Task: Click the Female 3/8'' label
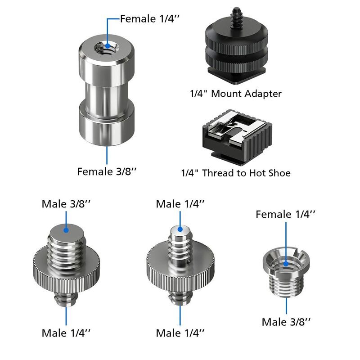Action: pyautogui.click(x=107, y=172)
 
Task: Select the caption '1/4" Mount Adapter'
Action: pyautogui.click(x=235, y=94)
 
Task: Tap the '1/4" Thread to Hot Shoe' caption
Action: pyautogui.click(x=236, y=173)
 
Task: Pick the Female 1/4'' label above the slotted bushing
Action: pyautogui.click(x=286, y=214)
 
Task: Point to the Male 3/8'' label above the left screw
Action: pyautogui.click(x=66, y=203)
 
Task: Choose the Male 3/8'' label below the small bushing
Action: pyautogui.click(x=287, y=322)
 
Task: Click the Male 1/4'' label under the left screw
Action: pyautogui.click(x=66, y=333)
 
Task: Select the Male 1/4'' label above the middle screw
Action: pyautogui.click(x=180, y=203)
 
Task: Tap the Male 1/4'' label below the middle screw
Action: pyautogui.click(x=180, y=333)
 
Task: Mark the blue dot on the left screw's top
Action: pyautogui.click(x=66, y=229)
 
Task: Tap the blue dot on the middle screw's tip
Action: pyautogui.click(x=180, y=229)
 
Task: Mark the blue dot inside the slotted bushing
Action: pyautogui.click(x=286, y=261)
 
